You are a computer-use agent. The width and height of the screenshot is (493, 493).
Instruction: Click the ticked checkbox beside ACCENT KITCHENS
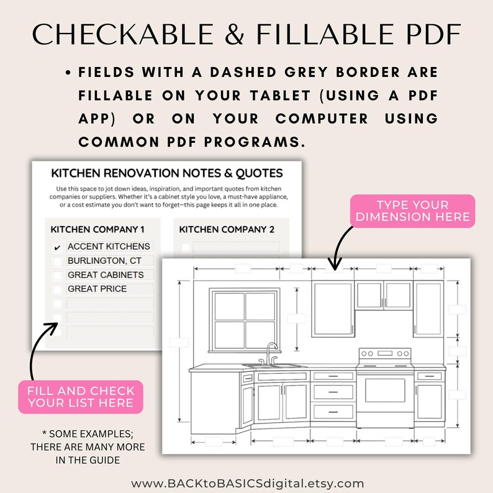[x=57, y=247]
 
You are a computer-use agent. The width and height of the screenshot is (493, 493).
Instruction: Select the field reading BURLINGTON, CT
[x=109, y=261]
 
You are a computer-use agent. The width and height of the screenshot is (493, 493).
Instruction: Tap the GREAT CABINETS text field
[x=109, y=275]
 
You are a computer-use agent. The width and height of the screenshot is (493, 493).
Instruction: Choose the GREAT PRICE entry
[x=109, y=289]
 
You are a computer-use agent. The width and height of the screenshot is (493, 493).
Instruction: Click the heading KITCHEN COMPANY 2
[x=227, y=230]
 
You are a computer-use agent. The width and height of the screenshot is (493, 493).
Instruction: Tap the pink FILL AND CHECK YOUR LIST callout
[x=81, y=397]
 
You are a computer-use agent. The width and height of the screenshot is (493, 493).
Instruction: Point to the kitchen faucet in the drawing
[x=271, y=352]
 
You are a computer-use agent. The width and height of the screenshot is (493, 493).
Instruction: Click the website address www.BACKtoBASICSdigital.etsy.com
[x=247, y=483]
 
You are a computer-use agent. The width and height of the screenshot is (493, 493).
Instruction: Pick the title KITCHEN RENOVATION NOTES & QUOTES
[x=166, y=173]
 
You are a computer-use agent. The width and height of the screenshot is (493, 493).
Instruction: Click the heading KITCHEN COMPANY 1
[x=97, y=230]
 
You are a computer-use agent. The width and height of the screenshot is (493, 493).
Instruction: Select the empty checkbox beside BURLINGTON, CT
[x=57, y=261]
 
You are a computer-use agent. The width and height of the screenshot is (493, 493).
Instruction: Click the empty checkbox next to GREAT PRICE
[x=57, y=289]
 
